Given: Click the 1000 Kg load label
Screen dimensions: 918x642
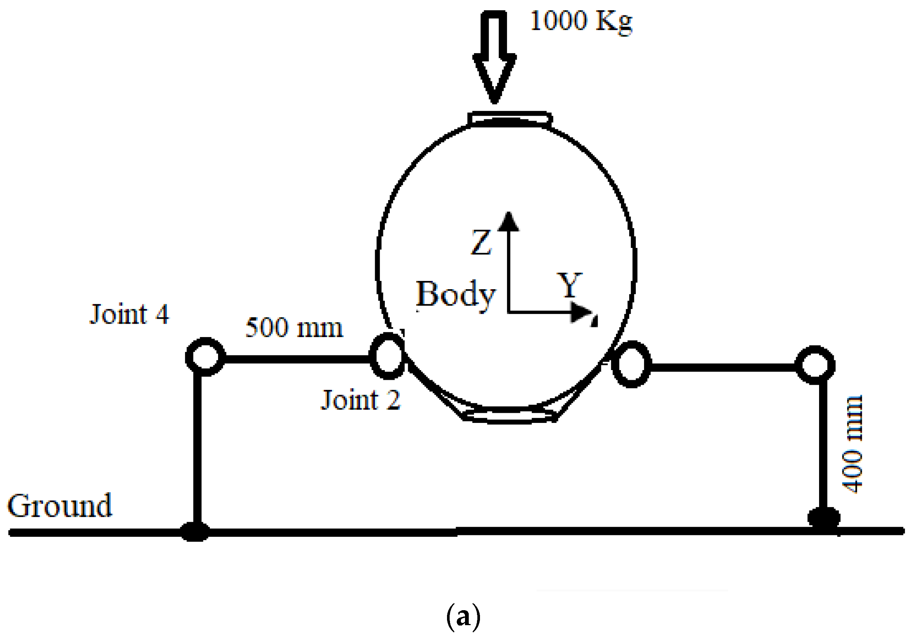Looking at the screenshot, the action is click(581, 21).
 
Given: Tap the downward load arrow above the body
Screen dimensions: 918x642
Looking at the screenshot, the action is click(495, 56).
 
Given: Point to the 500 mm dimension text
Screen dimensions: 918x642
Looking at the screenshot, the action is click(294, 328).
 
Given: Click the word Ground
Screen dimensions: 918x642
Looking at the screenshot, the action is click(60, 506).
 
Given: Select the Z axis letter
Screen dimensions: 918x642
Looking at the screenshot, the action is click(481, 242).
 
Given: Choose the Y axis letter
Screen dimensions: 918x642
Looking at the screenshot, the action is click(570, 285).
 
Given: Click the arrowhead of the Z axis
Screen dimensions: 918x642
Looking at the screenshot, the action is click(508, 222).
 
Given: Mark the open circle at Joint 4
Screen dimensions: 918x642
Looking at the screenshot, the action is click(205, 357).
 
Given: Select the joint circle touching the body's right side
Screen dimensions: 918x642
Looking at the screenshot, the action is click(631, 364).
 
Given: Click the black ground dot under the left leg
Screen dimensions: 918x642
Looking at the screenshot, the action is click(195, 532).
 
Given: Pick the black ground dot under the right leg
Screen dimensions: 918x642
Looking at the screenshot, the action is click(824, 518).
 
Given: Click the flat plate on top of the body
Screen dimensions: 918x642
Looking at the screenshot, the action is click(510, 119).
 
